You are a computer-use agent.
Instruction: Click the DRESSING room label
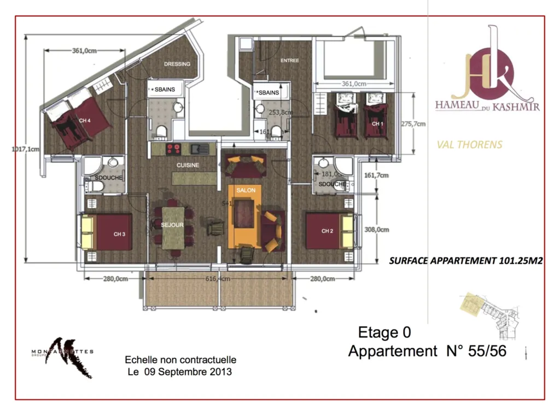click(177, 64)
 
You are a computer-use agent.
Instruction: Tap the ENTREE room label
click(290, 61)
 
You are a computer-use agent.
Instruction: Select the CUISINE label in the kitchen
click(188, 165)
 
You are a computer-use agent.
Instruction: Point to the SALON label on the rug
click(246, 190)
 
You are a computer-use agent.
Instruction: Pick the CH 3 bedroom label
click(120, 234)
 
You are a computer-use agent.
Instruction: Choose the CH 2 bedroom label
click(327, 231)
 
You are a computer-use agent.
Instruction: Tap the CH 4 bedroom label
click(84, 120)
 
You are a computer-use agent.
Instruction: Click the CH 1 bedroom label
click(377, 124)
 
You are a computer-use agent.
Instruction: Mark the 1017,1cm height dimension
click(26, 149)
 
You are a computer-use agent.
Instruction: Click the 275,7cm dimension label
click(413, 124)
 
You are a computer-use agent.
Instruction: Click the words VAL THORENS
click(469, 145)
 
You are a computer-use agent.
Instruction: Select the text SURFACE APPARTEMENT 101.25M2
click(465, 261)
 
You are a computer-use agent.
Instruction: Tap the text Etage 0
click(384, 332)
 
